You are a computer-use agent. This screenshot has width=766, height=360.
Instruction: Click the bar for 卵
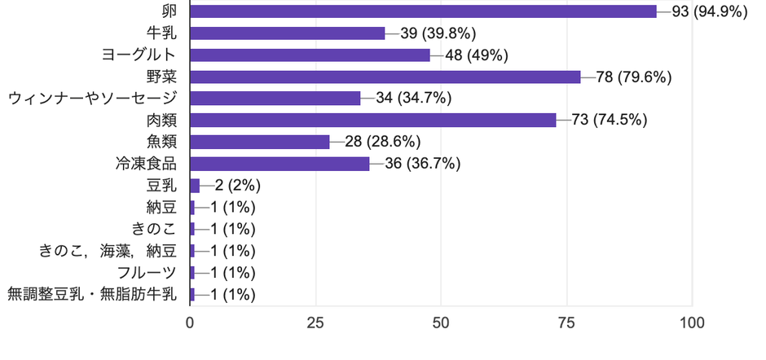423,11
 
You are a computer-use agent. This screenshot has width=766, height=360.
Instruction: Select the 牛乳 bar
287,33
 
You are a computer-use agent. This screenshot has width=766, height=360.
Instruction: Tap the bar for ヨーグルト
310,55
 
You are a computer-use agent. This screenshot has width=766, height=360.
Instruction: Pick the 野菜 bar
385,77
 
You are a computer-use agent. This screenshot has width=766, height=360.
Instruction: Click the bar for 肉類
372,121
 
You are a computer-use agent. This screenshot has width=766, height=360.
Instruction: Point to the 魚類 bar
259,142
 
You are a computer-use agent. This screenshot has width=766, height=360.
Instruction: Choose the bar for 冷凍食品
280,164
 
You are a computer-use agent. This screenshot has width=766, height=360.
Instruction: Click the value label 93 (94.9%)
709,11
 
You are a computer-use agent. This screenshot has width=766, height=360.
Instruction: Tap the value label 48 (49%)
478,55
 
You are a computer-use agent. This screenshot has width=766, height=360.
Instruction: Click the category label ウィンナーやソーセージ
92,99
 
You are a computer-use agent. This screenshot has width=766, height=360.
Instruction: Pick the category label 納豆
161,207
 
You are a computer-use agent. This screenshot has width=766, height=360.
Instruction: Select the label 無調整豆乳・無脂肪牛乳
92,295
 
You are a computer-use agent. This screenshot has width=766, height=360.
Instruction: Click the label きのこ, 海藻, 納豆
108,251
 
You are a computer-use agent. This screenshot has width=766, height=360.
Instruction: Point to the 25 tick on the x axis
315,323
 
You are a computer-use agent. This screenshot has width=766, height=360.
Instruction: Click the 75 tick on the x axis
566,323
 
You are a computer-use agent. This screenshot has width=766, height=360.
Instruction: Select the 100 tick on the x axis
692,323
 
